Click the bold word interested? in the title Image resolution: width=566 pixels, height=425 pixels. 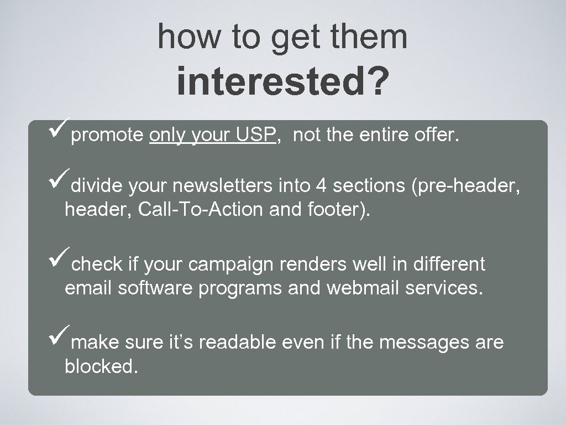(282, 83)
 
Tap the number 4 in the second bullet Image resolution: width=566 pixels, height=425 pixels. (320, 186)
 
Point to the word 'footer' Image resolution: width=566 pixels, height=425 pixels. (336, 210)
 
